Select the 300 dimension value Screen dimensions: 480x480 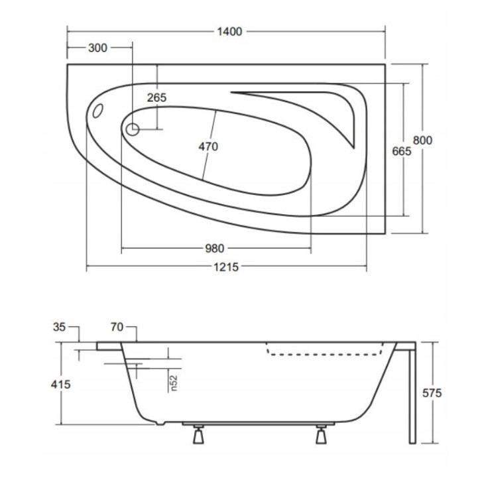[97, 48]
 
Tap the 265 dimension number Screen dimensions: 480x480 [156, 97]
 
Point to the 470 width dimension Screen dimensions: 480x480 [208, 147]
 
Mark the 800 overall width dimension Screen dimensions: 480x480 [423, 140]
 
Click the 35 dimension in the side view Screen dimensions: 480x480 [58, 326]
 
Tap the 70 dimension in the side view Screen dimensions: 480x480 [117, 326]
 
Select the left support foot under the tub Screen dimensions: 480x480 [197, 436]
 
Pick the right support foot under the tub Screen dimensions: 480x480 [322, 436]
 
